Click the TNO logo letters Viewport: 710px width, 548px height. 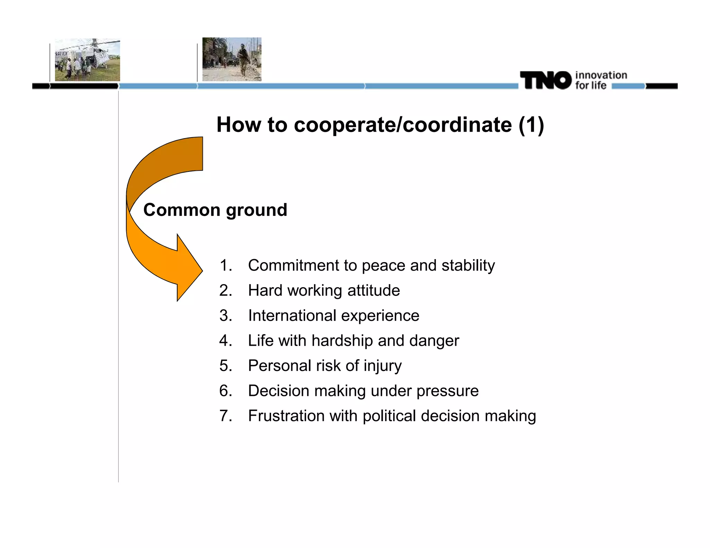pyautogui.click(x=545, y=80)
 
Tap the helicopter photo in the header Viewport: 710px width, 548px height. pyautogui.click(x=87, y=60)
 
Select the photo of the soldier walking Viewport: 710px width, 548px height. pyautogui.click(x=232, y=59)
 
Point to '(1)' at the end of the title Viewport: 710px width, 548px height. pyautogui.click(x=531, y=125)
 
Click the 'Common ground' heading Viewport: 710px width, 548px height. pyautogui.click(x=215, y=210)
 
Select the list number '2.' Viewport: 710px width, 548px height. pyautogui.click(x=226, y=290)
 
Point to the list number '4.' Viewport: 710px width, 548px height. pyautogui.click(x=226, y=341)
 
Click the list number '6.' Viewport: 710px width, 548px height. pyautogui.click(x=226, y=391)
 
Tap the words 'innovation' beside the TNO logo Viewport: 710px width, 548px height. pyautogui.click(x=601, y=75)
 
